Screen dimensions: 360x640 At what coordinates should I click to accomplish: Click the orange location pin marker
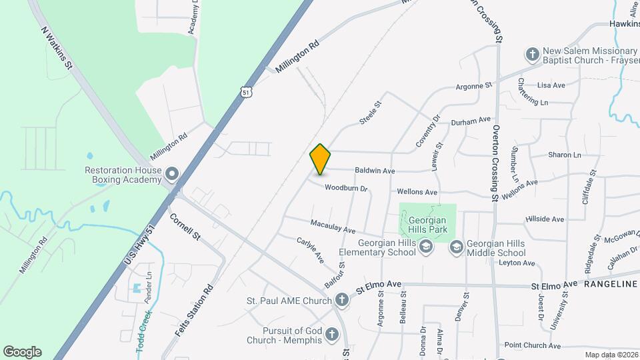(320, 159)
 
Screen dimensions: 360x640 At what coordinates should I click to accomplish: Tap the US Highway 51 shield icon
(247, 91)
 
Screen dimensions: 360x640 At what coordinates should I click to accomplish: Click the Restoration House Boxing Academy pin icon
(172, 175)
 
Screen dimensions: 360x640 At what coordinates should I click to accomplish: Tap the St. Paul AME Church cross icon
(341, 301)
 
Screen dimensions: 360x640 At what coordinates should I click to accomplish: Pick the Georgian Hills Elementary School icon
(425, 247)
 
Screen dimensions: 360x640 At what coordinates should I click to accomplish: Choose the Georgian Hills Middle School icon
(456, 247)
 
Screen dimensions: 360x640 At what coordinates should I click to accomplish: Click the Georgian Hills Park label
(427, 225)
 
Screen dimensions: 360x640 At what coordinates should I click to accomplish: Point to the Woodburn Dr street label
(346, 189)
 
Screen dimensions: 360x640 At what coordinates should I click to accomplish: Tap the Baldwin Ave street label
(376, 171)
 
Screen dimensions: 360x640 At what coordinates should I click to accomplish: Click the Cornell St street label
(185, 227)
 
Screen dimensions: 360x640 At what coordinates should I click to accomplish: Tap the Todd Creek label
(144, 331)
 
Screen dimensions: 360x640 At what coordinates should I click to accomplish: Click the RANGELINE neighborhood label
(610, 285)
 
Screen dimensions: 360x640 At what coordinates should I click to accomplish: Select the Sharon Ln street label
(564, 155)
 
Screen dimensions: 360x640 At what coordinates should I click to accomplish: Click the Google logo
(22, 351)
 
